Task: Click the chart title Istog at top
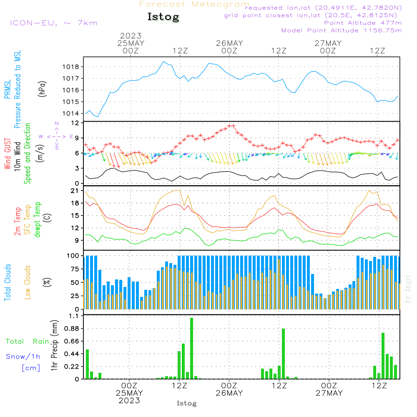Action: [x=163, y=17]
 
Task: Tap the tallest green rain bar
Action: [x=191, y=348]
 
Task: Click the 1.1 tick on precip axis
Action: [x=73, y=316]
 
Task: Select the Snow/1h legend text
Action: [x=23, y=357]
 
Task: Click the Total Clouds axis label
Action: [x=8, y=282]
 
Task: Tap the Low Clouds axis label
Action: [x=28, y=282]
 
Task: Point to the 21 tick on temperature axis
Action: [x=75, y=191]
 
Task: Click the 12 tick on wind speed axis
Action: [x=75, y=123]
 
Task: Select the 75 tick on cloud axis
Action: [x=74, y=269]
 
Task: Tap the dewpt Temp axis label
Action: [x=38, y=220]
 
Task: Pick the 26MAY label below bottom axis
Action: [x=229, y=393]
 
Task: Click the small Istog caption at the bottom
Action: [x=186, y=403]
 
